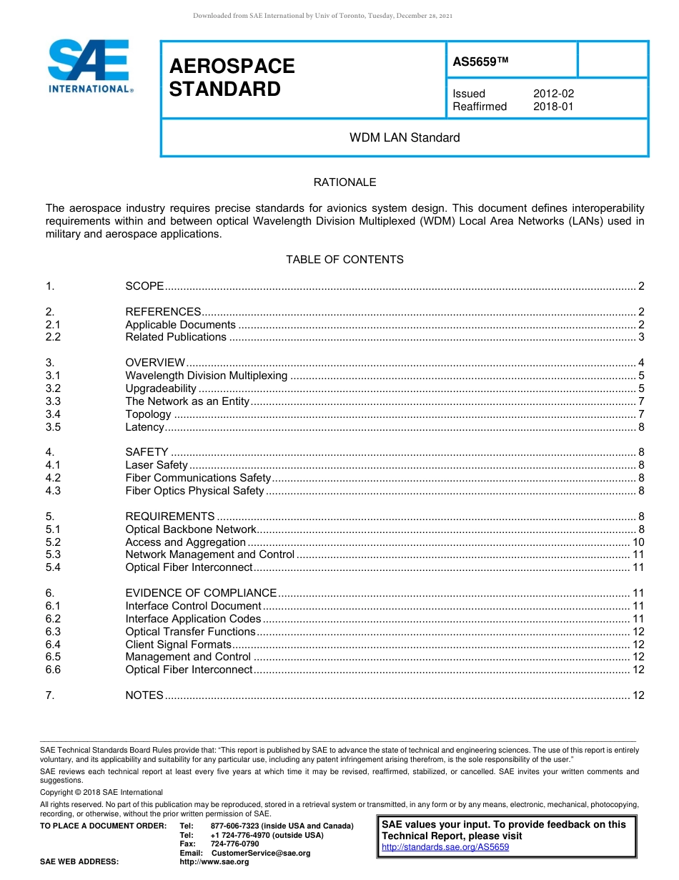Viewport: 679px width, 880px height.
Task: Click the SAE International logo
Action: [x=89, y=66]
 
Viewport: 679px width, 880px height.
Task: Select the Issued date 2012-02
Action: [x=553, y=94]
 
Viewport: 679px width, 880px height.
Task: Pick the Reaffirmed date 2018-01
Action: [x=553, y=107]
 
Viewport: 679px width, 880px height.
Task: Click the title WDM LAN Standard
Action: [x=404, y=137]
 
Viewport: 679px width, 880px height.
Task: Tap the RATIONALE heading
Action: [x=345, y=182]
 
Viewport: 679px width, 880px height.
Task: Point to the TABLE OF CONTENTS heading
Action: [x=345, y=260]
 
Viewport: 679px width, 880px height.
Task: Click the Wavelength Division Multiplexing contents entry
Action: [x=207, y=376]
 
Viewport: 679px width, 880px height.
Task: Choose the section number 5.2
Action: [x=53, y=542]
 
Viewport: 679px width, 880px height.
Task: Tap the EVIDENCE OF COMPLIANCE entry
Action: [x=201, y=593]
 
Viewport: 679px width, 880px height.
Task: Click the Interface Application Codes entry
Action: [x=193, y=619]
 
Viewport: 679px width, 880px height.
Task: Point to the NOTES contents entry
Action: [x=144, y=695]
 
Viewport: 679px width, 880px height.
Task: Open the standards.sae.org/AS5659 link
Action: [x=445, y=848]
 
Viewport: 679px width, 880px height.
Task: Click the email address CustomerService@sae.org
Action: [x=261, y=853]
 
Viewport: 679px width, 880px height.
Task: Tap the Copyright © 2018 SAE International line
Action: [x=101, y=792]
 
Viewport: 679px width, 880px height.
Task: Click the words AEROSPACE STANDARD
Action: [x=232, y=78]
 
